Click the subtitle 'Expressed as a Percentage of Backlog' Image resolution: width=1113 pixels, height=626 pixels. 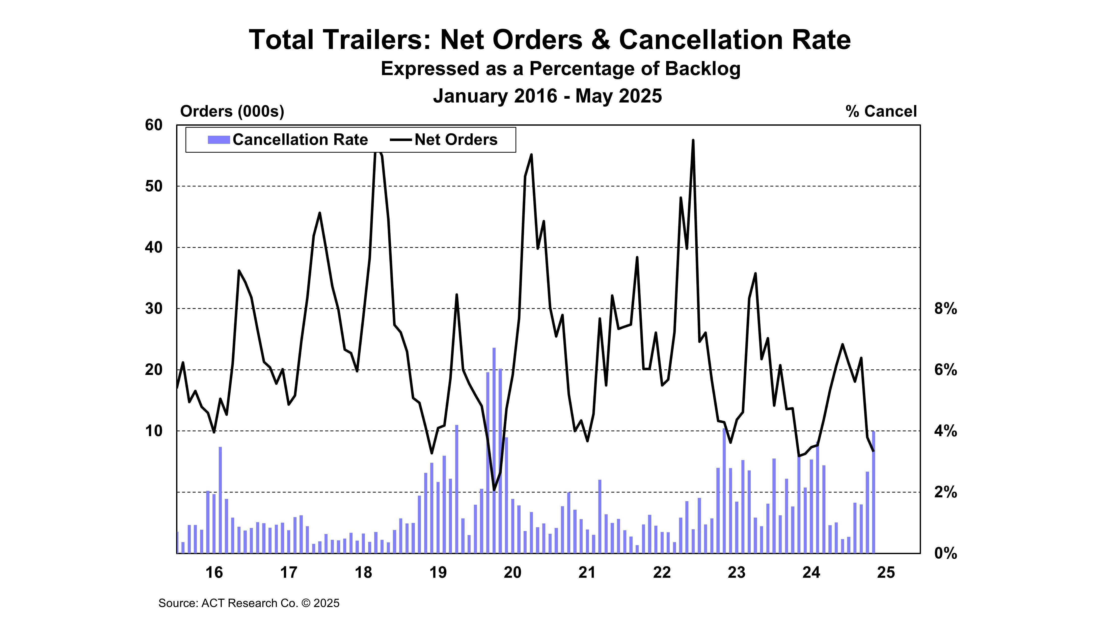(x=560, y=69)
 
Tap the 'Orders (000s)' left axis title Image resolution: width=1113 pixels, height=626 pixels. (x=232, y=112)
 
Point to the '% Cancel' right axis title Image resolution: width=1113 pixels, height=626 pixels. (x=881, y=112)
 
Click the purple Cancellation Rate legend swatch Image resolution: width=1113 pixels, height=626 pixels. (x=219, y=140)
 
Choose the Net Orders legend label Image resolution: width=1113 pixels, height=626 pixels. (x=456, y=140)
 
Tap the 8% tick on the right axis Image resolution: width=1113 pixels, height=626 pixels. (x=945, y=309)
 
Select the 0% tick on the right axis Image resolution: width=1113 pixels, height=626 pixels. (x=945, y=553)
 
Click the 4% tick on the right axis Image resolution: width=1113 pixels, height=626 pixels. (x=945, y=431)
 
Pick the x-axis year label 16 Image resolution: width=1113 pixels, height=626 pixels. (x=214, y=573)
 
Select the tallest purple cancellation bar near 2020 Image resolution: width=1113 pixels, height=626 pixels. (x=494, y=449)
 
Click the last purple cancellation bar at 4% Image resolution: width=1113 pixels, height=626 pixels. (x=873, y=493)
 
